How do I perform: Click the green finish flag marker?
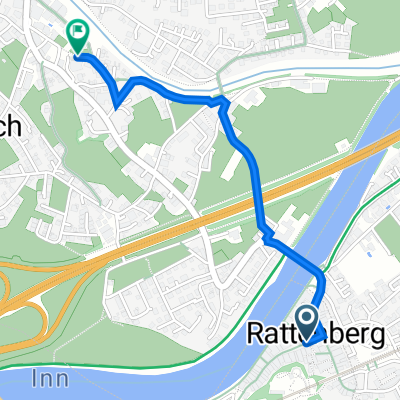pyautogui.click(x=78, y=36)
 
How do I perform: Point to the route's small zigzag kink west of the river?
pyautogui.click(x=267, y=237)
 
